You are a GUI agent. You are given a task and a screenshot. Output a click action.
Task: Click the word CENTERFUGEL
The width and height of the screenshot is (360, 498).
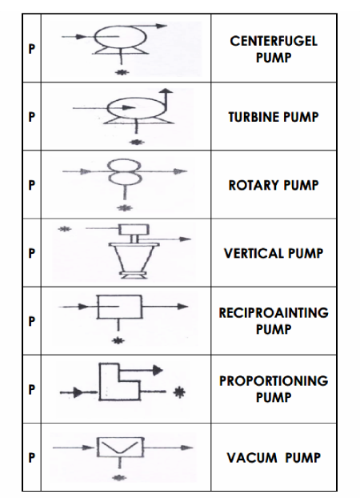coord(274,41)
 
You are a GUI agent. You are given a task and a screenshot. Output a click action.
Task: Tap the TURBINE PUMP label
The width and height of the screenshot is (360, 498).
coord(274,117)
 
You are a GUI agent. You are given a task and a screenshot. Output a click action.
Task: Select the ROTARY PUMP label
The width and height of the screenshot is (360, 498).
coord(274,185)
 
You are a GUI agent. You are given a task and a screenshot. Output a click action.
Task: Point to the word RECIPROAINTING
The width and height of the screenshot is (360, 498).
coord(274,313)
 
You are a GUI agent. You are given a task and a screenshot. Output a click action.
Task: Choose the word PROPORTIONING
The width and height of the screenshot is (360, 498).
coord(274,381)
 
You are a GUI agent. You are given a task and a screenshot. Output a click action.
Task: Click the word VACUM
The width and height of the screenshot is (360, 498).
coord(252,458)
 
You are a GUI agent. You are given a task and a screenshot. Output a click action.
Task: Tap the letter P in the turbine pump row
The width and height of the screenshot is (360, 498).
coord(31,117)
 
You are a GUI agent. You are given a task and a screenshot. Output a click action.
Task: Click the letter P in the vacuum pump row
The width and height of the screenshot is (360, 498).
coord(31,458)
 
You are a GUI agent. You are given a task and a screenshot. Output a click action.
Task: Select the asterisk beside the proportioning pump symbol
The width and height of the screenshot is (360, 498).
coord(179,392)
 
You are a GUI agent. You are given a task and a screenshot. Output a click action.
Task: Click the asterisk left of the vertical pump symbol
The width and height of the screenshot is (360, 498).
coord(65,229)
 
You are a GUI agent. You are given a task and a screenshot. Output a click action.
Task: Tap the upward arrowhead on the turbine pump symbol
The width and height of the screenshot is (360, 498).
coord(166,90)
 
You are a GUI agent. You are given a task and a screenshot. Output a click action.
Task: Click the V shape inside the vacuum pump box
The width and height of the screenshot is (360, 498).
coord(120,447)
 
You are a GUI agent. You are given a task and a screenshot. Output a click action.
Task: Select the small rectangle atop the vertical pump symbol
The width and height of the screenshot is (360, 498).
coord(134,229)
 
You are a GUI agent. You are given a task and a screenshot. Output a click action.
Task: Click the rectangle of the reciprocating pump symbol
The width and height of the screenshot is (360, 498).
coord(120,307)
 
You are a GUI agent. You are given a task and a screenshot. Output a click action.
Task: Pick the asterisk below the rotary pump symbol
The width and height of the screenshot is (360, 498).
coord(125,208)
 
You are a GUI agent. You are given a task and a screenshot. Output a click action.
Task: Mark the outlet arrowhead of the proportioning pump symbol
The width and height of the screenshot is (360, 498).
coord(158,370)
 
